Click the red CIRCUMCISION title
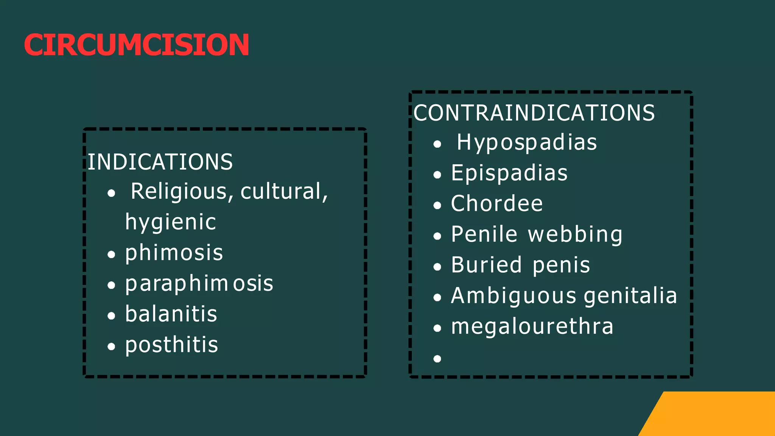pos(136,45)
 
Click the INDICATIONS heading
pos(160,162)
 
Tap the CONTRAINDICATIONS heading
pos(534,113)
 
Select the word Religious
pos(179,191)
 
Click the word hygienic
pos(170,222)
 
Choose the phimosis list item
pos(174,253)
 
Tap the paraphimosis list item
pos(199,283)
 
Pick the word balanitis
pos(171,314)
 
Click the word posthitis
pos(171,345)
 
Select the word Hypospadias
pos(527,143)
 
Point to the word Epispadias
pos(509,173)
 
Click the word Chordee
pos(497,204)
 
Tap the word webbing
pos(575,235)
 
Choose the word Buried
pos(486,265)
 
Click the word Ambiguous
pos(514,296)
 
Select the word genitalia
pos(630,296)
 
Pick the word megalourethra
pos(532,326)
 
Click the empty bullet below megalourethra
pos(437,358)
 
